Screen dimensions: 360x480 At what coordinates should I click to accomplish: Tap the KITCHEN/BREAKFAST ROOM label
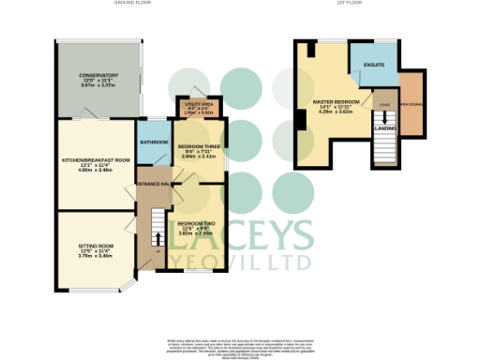coord(95,160)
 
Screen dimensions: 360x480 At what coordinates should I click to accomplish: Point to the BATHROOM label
coord(154,142)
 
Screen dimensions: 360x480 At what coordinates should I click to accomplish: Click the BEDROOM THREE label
coord(198,148)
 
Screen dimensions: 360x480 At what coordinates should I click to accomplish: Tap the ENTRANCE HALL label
coord(153,185)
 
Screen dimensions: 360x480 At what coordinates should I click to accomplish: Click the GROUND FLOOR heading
coord(133,4)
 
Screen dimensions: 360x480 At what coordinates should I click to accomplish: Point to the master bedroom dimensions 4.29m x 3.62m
coord(337,112)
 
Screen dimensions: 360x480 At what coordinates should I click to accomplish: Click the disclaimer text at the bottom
coord(239,346)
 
